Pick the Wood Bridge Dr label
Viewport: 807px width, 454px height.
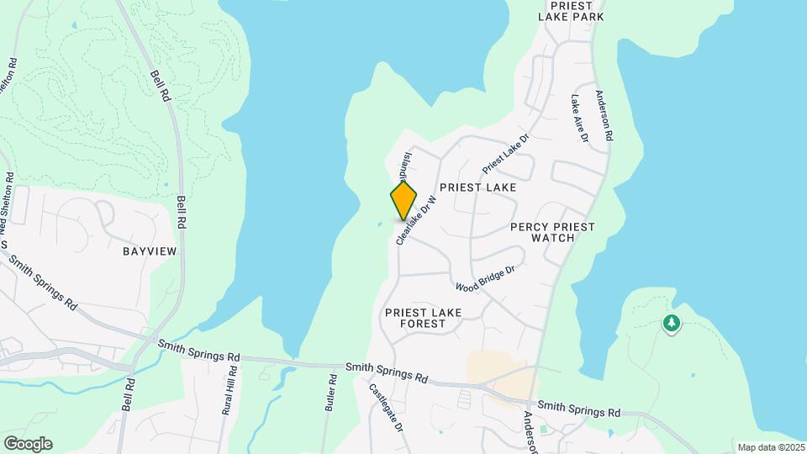click(484, 278)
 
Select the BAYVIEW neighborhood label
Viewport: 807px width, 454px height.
click(148, 251)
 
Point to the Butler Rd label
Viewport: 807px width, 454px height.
click(330, 392)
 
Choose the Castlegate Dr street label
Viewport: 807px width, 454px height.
click(388, 409)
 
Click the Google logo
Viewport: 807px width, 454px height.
click(27, 443)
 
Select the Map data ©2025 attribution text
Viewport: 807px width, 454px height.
click(771, 447)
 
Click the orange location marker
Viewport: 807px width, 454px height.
click(403, 201)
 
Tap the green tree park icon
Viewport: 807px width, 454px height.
click(671, 323)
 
